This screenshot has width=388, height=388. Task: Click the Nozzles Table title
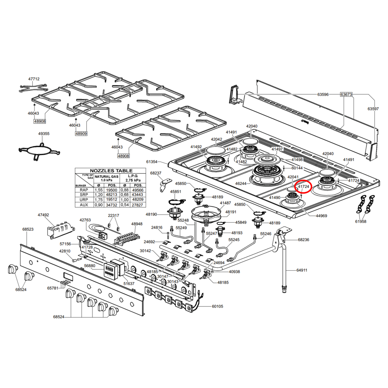111,171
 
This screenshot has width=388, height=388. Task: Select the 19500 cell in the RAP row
112,190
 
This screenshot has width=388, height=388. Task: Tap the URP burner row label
84,200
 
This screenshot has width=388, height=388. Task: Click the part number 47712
34,79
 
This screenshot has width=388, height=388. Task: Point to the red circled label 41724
303,187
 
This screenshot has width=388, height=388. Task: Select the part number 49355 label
44,134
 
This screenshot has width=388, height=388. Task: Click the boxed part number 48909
81,133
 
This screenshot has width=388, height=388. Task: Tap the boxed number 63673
346,94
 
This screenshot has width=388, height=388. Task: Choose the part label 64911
302,270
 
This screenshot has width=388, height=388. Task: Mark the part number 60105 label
217,306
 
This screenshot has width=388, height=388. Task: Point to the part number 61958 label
361,222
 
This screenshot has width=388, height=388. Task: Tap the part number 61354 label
152,162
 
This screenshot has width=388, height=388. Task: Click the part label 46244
241,184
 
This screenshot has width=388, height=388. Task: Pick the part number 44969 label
321,216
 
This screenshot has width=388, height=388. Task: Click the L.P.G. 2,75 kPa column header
133,178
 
